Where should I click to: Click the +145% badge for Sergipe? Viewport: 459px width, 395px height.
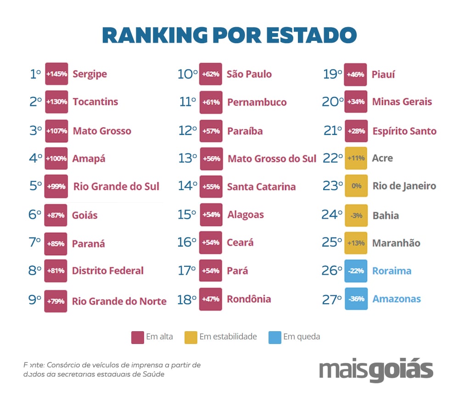click(x=56, y=74)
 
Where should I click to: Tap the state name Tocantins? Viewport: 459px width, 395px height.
click(x=95, y=102)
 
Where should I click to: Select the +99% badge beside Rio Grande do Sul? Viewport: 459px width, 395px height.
click(x=56, y=186)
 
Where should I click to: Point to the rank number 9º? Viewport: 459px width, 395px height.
click(x=34, y=300)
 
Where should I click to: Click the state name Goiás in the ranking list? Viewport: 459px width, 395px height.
click(x=85, y=215)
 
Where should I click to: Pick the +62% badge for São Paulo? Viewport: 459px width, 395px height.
click(x=211, y=74)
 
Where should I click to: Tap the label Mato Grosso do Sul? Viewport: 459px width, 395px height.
click(x=272, y=159)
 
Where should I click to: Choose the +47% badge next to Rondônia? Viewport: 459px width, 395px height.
click(x=211, y=299)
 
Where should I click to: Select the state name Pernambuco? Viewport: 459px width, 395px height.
click(x=257, y=102)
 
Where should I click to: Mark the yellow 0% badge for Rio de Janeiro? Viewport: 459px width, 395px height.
click(x=356, y=186)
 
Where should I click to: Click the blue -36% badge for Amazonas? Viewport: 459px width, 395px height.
click(x=356, y=299)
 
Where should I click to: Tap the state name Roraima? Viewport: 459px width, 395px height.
click(x=392, y=271)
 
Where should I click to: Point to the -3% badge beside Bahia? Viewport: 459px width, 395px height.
click(x=356, y=215)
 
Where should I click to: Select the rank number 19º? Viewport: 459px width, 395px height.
click(x=333, y=74)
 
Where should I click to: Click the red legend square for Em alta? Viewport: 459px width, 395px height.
click(x=138, y=337)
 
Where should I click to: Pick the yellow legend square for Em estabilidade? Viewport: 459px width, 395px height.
click(x=191, y=337)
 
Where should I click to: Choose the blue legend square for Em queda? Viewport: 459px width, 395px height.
click(x=274, y=337)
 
